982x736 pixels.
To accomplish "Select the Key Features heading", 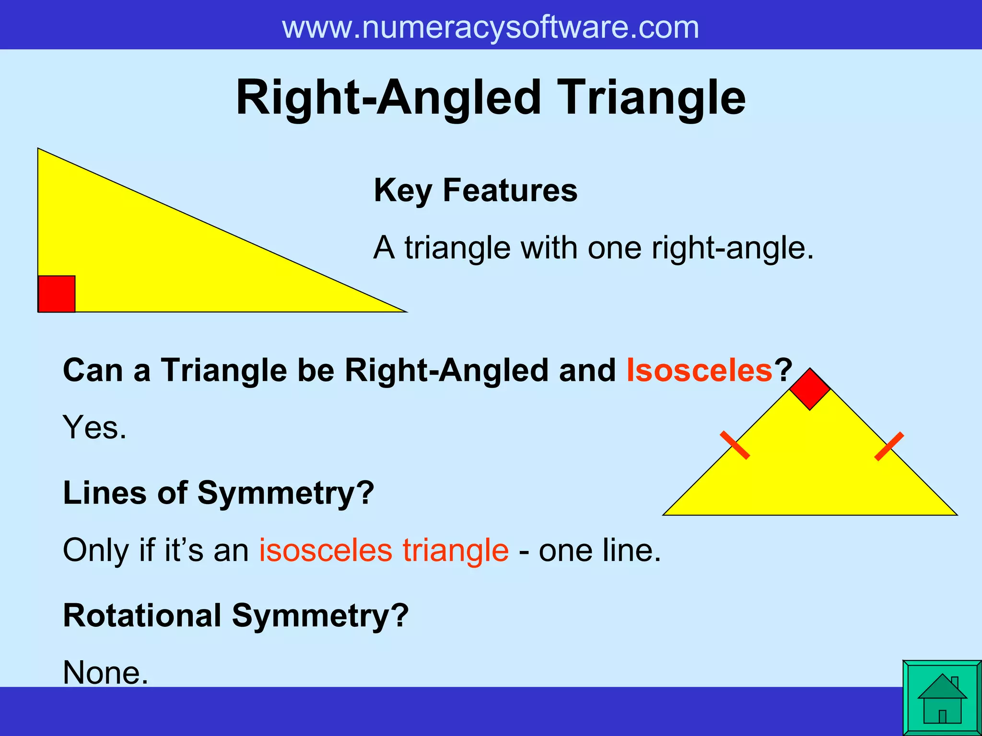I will pyautogui.click(x=475, y=190).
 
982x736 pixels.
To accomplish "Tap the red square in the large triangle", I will pyautogui.click(x=57, y=294).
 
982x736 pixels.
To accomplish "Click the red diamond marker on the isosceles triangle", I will pyautogui.click(x=810, y=389).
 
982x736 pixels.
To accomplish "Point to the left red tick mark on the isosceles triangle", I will pyautogui.click(x=735, y=445).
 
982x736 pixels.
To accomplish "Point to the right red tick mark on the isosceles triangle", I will pyautogui.click(x=889, y=446).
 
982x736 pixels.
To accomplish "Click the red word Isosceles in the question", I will pyautogui.click(x=700, y=370).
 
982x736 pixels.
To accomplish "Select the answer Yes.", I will pyautogui.click(x=94, y=427).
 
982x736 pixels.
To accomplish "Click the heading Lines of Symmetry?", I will pyautogui.click(x=218, y=493).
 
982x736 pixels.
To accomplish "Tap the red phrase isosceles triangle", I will pyautogui.click(x=384, y=550).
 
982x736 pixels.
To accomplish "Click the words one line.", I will pyautogui.click(x=599, y=550).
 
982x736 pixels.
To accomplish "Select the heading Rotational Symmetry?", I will pyautogui.click(x=235, y=615).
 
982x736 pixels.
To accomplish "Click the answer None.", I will pyautogui.click(x=105, y=672).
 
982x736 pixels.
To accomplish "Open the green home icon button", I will pyautogui.click(x=942, y=698).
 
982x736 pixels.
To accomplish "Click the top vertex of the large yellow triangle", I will pyautogui.click(x=38, y=149).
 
